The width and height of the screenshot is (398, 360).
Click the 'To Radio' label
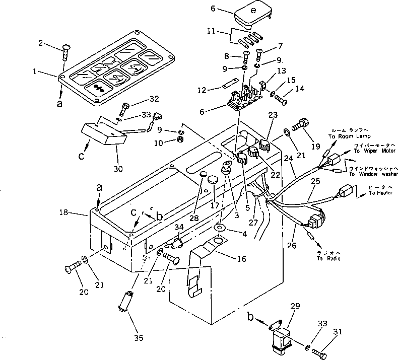[328, 259]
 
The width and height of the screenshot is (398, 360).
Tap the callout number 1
[35, 71]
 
